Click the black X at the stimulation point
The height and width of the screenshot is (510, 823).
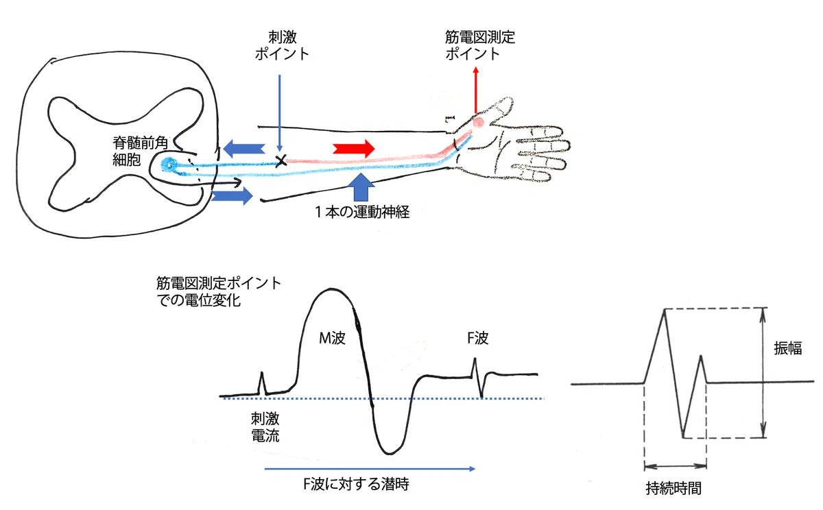[281, 160]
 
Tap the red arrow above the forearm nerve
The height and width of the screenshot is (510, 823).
[353, 149]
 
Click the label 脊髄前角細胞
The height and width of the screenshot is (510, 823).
[140, 151]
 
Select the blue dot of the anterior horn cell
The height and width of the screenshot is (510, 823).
[169, 165]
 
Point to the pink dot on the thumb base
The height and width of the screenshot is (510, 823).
[478, 122]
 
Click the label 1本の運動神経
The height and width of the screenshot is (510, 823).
[362, 212]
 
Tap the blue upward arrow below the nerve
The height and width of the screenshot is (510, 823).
[361, 187]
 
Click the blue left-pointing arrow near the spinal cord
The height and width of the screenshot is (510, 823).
[244, 149]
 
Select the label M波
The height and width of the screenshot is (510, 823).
[332, 338]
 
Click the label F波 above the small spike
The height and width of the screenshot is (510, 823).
[477, 338]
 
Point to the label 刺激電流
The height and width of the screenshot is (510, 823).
[265, 427]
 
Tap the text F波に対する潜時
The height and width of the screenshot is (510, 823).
[356, 485]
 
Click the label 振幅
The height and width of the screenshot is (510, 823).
[788, 348]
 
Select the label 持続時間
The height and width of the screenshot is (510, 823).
[673, 488]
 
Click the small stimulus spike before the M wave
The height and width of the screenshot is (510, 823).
[262, 383]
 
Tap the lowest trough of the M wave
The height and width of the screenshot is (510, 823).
[390, 453]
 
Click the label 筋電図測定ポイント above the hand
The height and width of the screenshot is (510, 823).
[480, 45]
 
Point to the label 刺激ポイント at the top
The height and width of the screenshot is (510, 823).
[282, 45]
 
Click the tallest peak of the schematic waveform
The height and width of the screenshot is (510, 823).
[665, 311]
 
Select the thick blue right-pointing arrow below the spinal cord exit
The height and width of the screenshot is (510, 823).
[232, 195]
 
